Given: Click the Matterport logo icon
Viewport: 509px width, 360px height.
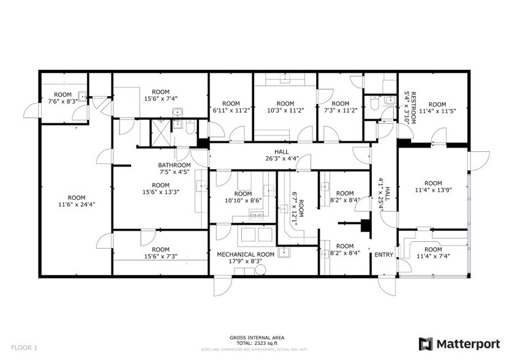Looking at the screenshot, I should (425, 343).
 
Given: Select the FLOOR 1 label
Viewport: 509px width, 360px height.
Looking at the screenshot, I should (24, 348).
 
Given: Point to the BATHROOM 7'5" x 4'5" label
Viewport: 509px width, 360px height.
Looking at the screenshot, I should (174, 168).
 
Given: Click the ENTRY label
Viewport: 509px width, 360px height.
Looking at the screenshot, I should (383, 255).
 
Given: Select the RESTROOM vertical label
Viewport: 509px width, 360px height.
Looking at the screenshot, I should (410, 108).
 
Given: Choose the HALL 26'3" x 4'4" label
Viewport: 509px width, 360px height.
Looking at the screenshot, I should (282, 156).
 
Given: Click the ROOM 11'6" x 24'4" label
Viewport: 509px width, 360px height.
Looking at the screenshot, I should (77, 201).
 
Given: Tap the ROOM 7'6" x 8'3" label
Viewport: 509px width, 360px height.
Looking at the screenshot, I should (63, 99).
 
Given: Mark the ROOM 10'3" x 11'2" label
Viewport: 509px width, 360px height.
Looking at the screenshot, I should (285, 107).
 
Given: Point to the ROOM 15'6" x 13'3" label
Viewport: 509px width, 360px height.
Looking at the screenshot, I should (160, 189).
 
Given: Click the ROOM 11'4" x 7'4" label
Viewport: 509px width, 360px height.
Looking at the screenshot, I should (433, 253).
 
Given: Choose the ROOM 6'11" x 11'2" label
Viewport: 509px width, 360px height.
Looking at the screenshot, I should (231, 107).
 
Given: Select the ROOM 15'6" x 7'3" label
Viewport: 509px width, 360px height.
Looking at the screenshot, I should (160, 253).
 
